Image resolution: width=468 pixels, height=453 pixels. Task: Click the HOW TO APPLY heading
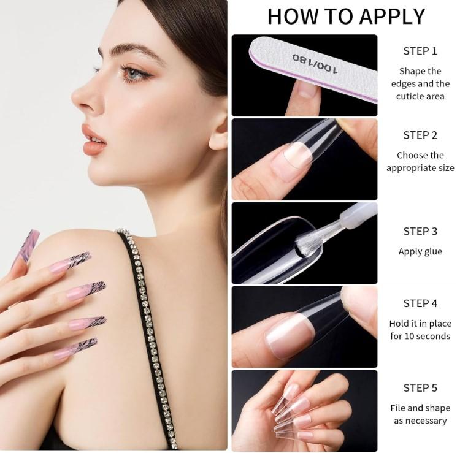click(346, 17)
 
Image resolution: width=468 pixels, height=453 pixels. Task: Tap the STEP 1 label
click(420, 51)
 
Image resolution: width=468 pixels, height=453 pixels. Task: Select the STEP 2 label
click(420, 135)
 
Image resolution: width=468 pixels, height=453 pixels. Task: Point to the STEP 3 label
click(420, 231)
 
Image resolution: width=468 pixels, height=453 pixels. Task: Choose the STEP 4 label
click(420, 303)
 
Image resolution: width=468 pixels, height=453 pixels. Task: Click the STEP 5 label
click(420, 387)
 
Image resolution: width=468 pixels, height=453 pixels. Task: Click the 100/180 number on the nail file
click(315, 63)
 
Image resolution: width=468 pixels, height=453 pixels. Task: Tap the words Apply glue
click(420, 251)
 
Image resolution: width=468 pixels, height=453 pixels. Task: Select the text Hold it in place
click(420, 323)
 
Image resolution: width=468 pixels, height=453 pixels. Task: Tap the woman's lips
click(93, 140)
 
